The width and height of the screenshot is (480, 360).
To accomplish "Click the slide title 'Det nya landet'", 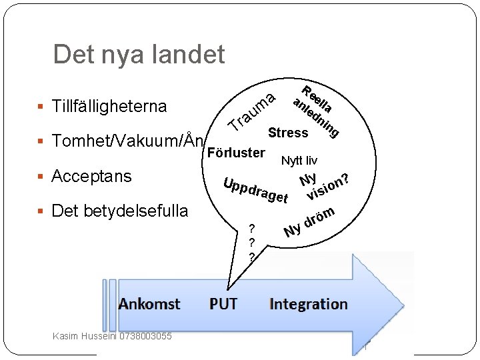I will [139, 55].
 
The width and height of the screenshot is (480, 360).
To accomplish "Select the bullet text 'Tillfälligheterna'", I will [109, 106].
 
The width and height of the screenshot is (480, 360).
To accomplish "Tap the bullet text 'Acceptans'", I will [91, 177].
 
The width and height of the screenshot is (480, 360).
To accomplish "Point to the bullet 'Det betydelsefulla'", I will [120, 211].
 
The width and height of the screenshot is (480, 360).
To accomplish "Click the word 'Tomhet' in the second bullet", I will [75, 141].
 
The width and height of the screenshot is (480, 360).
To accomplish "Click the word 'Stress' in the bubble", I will [288, 133].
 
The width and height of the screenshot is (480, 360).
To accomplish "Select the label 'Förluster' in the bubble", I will [237, 153].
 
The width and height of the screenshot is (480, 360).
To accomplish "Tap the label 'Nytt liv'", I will [299, 161].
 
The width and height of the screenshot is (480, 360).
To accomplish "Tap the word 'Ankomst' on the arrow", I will [149, 305].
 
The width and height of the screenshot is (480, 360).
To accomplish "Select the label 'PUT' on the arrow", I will [223, 305].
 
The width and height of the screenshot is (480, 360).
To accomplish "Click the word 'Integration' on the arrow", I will [309, 305].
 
